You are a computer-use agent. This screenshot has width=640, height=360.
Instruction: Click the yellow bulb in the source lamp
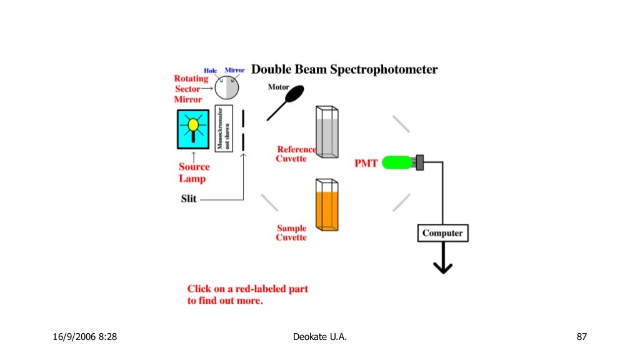(193, 125)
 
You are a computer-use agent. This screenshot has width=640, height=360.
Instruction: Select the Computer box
(442, 233)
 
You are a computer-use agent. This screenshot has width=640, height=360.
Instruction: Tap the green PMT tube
(399, 162)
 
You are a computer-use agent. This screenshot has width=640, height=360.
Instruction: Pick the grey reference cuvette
(327, 134)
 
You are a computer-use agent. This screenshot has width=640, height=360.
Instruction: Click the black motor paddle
(294, 94)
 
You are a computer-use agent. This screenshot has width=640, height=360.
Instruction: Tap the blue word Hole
(210, 71)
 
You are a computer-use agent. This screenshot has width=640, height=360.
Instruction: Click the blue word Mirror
(234, 71)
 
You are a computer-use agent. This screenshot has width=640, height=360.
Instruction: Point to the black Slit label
(189, 199)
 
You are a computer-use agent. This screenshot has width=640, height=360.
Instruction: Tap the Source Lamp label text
(194, 172)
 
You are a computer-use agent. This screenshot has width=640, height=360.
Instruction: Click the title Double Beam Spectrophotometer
(344, 69)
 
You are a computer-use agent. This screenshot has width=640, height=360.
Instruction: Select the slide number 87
(582, 337)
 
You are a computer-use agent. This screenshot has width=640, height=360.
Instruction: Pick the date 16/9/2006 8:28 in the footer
(84, 337)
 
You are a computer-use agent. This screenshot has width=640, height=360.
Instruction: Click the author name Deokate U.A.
(319, 337)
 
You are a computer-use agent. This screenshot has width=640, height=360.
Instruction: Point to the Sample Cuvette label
(291, 233)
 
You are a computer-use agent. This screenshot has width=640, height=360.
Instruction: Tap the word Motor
(278, 87)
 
